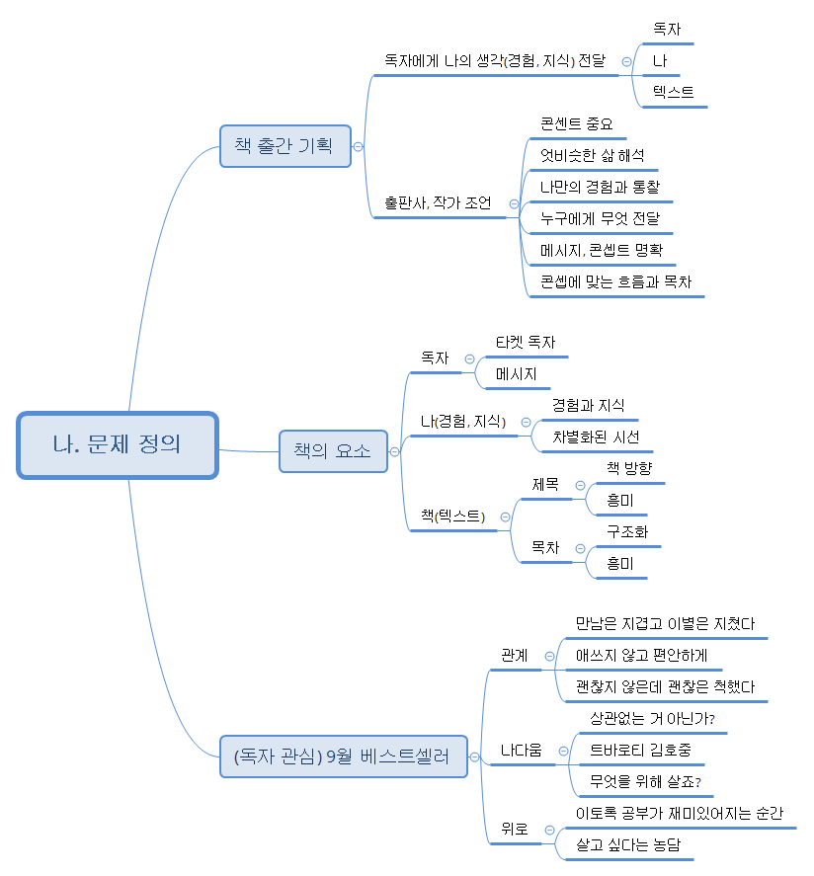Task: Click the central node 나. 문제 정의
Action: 118,445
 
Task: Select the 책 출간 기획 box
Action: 285,145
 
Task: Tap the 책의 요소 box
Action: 333,451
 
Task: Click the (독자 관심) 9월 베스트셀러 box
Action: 343,757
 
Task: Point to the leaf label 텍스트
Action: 673,92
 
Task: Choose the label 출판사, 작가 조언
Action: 438,203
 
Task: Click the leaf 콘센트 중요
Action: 577,123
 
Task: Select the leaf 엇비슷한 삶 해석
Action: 592,155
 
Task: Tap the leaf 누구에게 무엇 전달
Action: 600,218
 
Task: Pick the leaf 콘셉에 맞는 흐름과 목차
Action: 615,281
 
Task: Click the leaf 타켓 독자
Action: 526,342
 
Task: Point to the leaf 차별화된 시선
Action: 596,437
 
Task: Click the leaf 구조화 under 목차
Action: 627,531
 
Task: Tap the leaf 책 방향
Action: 629,468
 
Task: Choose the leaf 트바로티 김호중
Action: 640,750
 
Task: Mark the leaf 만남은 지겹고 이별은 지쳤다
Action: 665,623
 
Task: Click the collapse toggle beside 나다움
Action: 562,751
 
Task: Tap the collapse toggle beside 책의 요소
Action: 395,452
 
